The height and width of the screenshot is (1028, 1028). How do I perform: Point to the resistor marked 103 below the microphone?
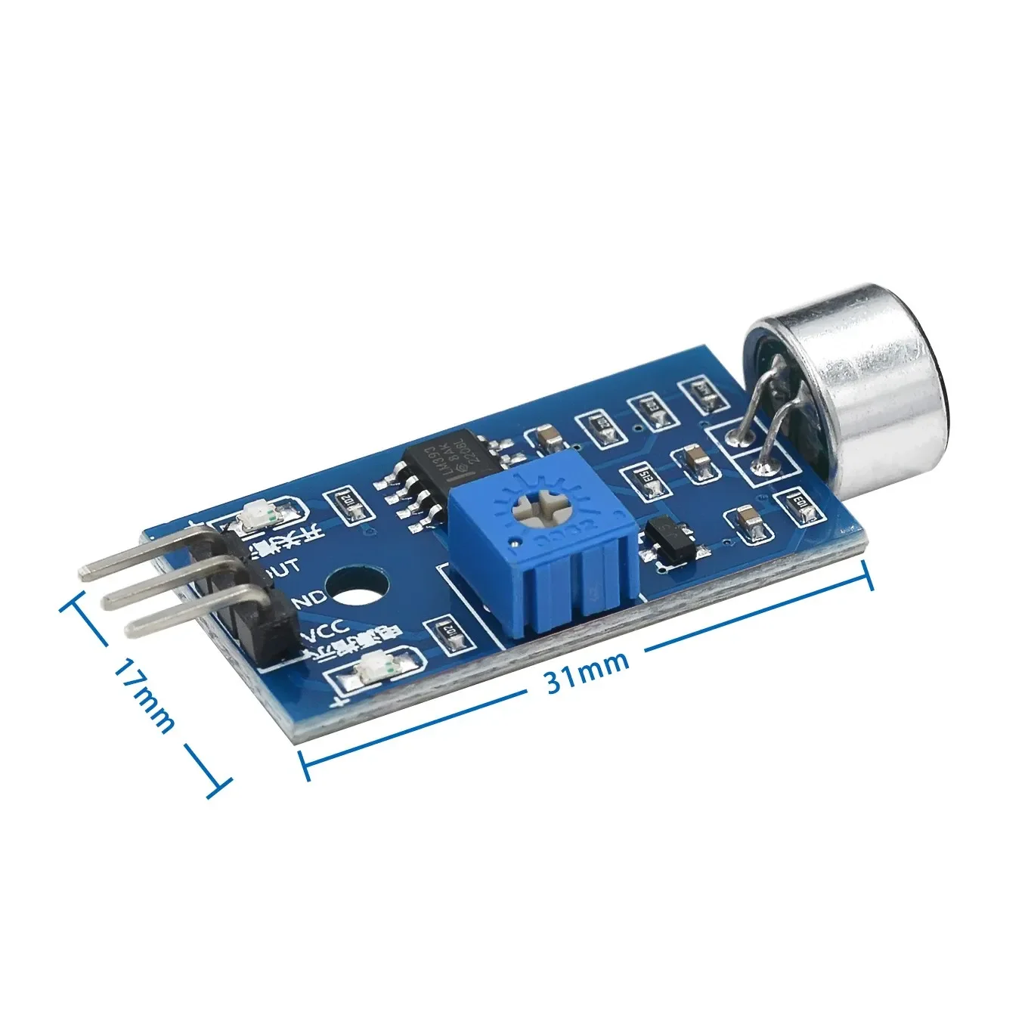click(x=797, y=502)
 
